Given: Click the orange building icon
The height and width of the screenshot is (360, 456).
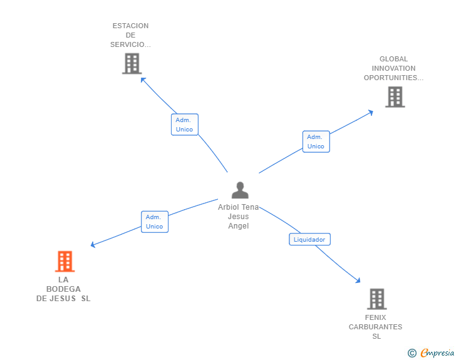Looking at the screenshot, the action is [x=65, y=261].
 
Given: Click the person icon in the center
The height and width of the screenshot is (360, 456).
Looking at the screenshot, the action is [x=240, y=190].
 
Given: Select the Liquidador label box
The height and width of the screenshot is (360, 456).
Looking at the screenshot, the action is [x=309, y=239].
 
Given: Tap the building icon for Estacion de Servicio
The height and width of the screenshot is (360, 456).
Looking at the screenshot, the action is [x=132, y=63].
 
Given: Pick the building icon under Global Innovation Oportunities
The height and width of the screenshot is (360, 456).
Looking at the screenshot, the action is [x=395, y=97].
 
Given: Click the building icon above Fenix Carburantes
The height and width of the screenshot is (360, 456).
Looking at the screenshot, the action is [x=377, y=299].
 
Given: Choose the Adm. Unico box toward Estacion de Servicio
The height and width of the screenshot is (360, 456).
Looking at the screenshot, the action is [x=185, y=125].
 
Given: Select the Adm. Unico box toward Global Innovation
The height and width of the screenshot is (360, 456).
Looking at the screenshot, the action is [x=316, y=141].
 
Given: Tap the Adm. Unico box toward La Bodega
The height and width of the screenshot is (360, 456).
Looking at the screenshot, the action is [x=155, y=222].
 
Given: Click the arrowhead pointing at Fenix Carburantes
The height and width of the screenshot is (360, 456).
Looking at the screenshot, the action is [x=358, y=280].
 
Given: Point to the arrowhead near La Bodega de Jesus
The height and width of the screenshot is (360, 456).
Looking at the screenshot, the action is [x=93, y=245].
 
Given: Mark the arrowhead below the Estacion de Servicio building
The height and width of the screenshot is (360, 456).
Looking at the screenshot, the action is [x=143, y=80].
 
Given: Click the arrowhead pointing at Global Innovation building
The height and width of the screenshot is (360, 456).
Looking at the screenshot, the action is [x=371, y=113].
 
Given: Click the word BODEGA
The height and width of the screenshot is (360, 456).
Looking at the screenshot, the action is [x=63, y=289].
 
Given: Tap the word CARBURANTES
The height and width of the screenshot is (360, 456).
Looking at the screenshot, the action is [x=375, y=327].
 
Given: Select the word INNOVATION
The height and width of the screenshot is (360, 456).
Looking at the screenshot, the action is [x=393, y=68].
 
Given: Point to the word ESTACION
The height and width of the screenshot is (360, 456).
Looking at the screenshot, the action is [x=130, y=26].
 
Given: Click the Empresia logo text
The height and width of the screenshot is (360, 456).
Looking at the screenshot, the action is [x=437, y=352].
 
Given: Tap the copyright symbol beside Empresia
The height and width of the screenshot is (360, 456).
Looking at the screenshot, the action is [x=412, y=353].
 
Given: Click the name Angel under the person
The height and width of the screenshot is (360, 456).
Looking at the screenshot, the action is [x=239, y=226].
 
